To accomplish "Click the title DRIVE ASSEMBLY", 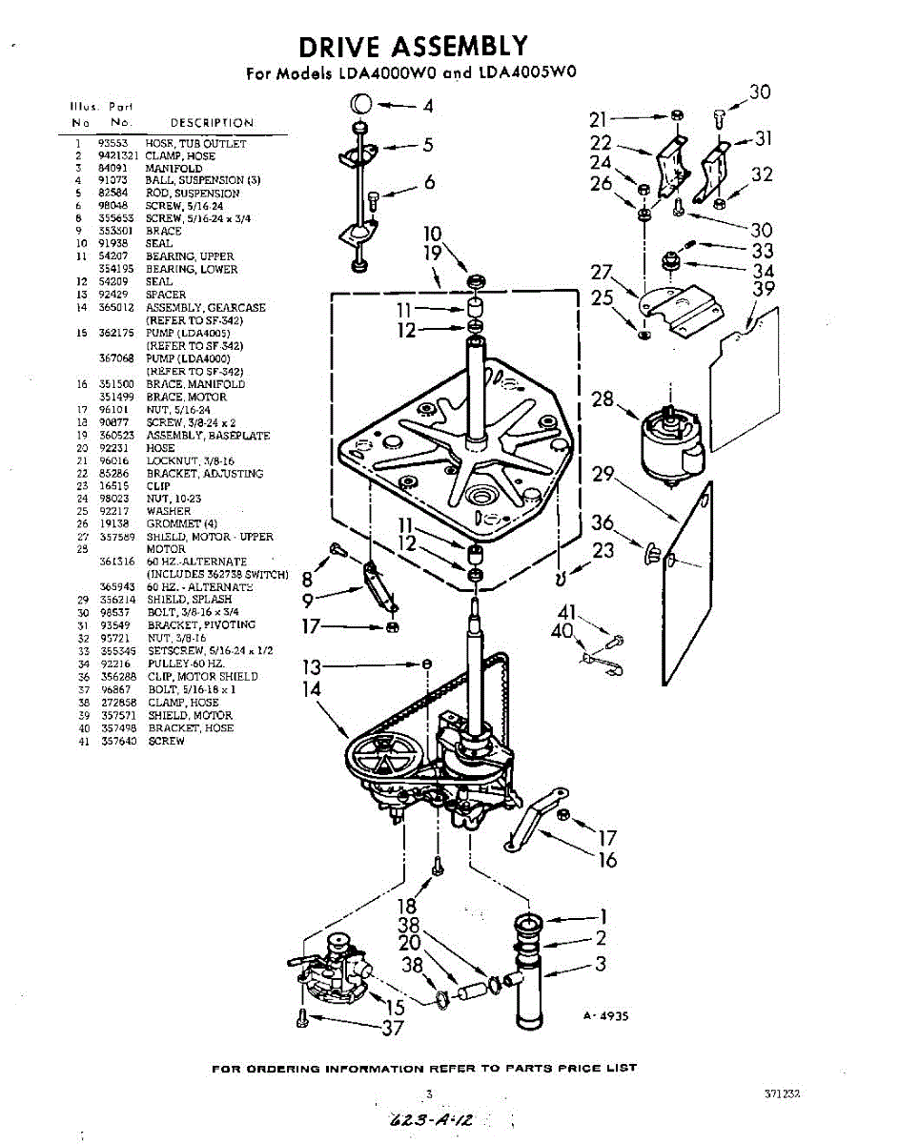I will [412, 46].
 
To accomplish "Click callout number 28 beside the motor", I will [603, 399].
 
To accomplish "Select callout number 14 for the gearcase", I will [312, 689].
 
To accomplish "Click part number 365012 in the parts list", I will [115, 308].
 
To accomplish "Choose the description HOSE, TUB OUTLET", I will [195, 143].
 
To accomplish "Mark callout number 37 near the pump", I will [393, 1028].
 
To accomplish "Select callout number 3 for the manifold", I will [601, 964].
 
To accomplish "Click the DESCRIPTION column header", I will [212, 123].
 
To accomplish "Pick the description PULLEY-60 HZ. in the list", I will [186, 664].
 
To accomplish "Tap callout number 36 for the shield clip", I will [603, 523].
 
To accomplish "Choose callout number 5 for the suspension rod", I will [428, 145].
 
